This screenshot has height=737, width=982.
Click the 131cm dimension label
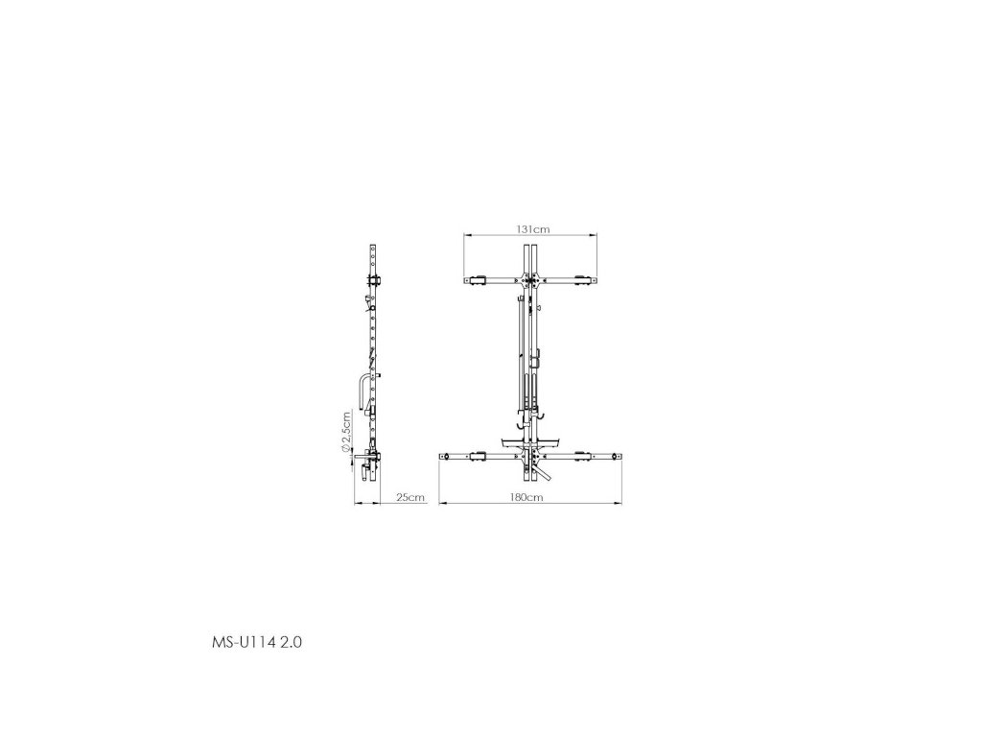coord(533,229)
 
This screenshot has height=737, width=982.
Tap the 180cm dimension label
coord(526,498)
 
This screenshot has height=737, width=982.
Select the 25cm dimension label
coord(410,498)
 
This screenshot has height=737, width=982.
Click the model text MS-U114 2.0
coord(257,642)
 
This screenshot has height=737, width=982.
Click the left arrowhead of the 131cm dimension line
coord(467,236)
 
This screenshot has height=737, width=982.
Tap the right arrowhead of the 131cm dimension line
coord(594,236)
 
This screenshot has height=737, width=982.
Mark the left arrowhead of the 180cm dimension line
coord(441,503)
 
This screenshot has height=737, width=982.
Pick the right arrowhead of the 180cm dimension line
coord(619,503)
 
